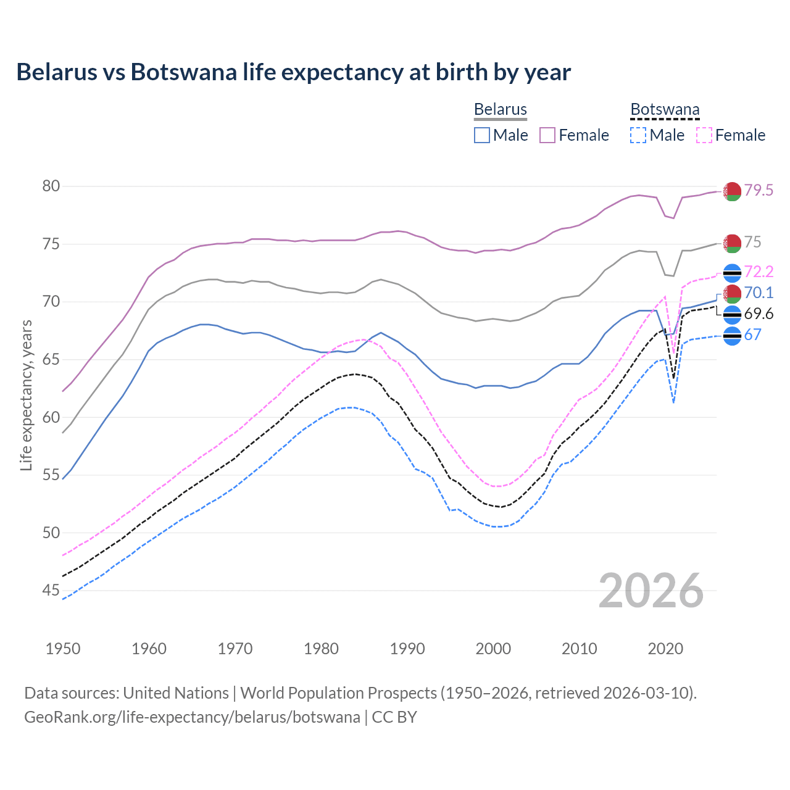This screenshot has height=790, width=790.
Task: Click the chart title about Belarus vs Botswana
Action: coord(293,72)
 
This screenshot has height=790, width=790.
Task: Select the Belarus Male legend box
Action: coord(482,135)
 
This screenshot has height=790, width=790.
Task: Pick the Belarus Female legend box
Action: coord(548,135)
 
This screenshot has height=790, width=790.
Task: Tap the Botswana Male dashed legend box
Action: coord(638,135)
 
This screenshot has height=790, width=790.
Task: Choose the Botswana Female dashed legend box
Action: coord(704,135)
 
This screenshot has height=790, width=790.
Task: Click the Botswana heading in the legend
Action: coord(665,110)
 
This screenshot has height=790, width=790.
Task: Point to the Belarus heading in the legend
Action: coord(500,110)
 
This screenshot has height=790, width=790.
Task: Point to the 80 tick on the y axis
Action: coord(51,186)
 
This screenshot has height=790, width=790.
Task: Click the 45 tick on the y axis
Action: coord(51,591)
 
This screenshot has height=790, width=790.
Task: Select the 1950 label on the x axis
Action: coord(63,649)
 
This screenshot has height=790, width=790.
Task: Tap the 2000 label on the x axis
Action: coord(494,649)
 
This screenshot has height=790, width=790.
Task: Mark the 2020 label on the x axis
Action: coord(665,649)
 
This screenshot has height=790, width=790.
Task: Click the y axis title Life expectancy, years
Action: coord(26,395)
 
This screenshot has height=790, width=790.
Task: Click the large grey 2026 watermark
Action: coord(651,591)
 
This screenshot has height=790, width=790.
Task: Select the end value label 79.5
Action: coord(759,191)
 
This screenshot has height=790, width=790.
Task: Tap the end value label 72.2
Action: coord(759,272)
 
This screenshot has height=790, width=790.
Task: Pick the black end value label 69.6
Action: coord(759,314)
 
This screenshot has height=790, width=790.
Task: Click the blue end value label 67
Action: coord(753,335)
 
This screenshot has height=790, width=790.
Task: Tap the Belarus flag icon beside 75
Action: coord(732,243)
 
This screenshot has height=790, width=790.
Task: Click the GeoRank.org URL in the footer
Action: coord(192,717)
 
